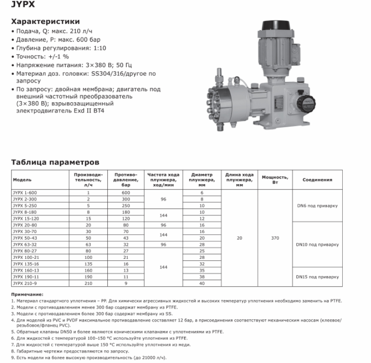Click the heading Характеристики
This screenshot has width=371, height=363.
click(45, 22)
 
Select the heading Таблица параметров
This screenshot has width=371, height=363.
click(54, 162)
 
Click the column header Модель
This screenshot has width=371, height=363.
click(23, 179)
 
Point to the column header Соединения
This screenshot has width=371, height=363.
click(318, 179)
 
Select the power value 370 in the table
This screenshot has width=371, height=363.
click(275, 238)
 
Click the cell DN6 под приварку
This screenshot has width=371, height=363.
click(318, 204)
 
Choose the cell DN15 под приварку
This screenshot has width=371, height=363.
click(318, 277)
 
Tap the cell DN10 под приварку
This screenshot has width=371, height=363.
click(318, 244)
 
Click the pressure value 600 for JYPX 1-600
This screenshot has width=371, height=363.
click(126, 192)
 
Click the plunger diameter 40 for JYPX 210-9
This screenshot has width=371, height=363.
click(202, 283)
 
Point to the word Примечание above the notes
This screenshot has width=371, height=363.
click(27, 294)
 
